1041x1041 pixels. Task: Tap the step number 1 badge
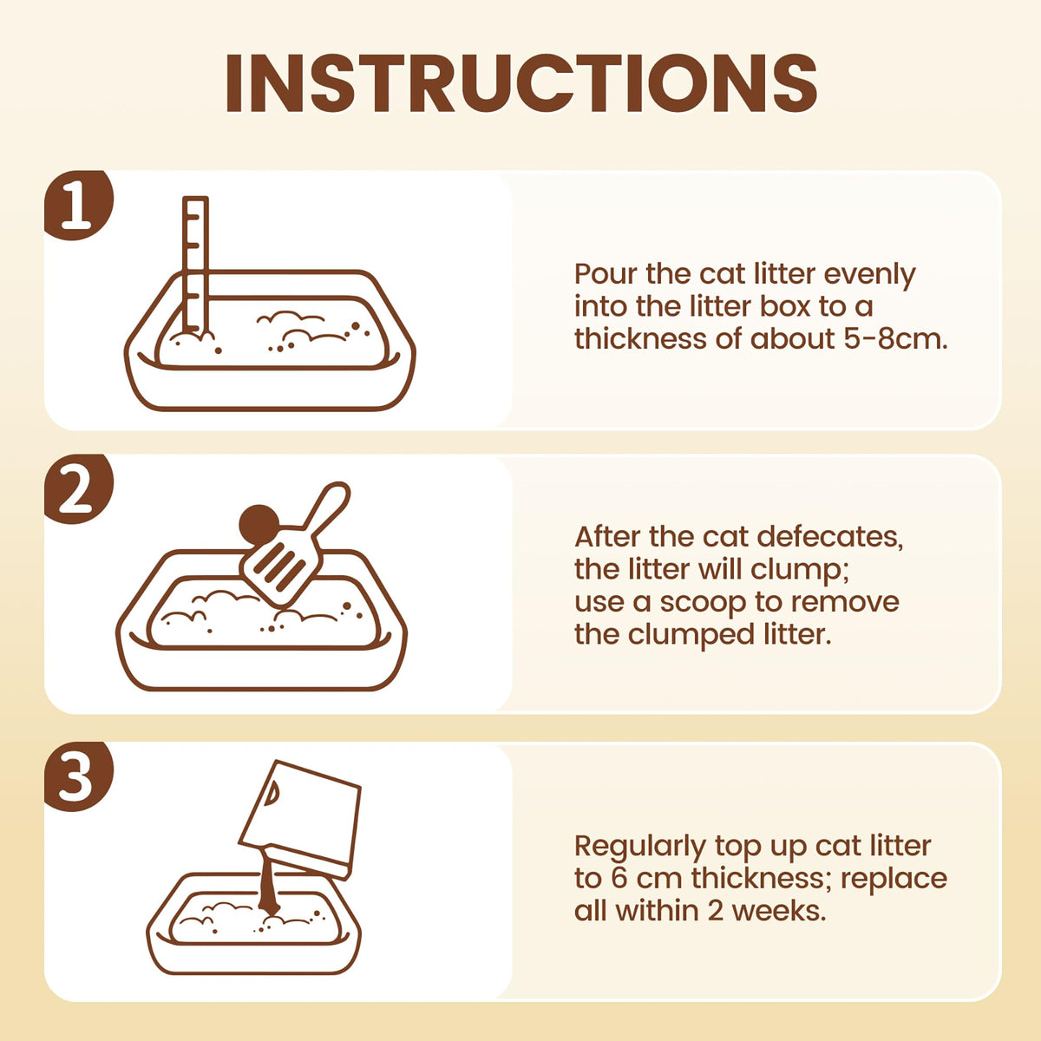coord(78,205)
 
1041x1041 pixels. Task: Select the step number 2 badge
coord(78,489)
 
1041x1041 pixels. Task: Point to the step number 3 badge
coord(78,776)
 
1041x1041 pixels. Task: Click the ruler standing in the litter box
coord(195,265)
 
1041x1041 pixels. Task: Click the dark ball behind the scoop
coord(259,524)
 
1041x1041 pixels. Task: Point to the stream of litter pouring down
coord(268,885)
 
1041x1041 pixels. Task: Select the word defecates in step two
coord(830,537)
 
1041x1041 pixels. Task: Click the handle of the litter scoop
coord(326,508)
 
